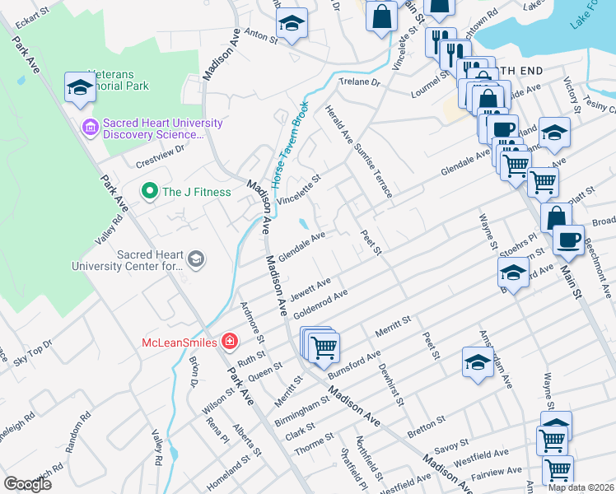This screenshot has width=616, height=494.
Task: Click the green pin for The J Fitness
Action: pos(149,192)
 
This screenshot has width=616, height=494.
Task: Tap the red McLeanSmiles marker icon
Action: pos(230,342)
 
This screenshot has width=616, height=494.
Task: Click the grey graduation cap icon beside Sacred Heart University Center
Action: pos(196,259)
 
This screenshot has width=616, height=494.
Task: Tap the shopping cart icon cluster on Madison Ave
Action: pos(321,345)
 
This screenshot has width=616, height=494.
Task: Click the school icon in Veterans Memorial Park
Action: pos(79,88)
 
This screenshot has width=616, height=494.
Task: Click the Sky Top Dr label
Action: pos(32,349)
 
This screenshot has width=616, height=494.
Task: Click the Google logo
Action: pos(27,483)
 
